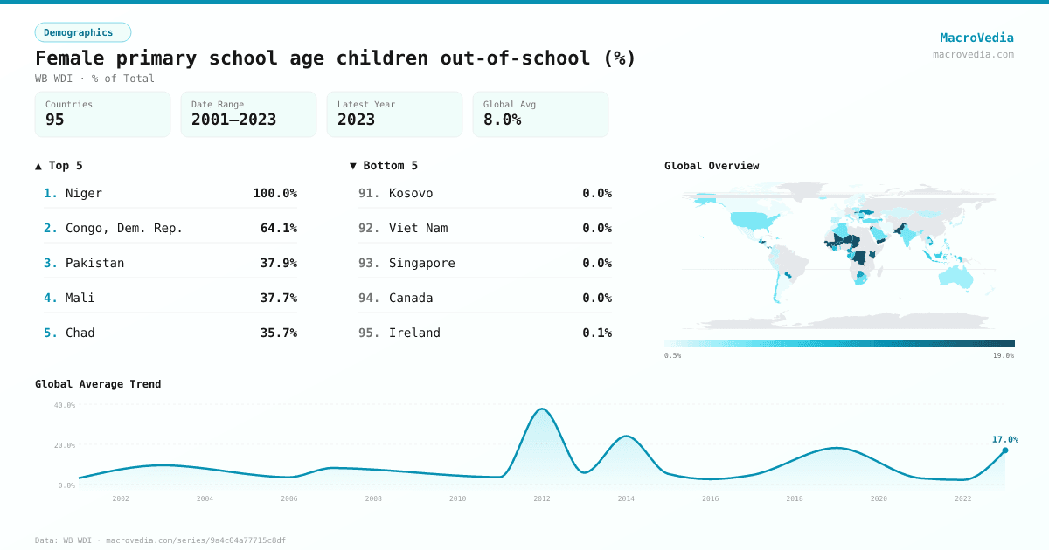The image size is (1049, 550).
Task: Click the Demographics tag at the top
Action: (x=82, y=32)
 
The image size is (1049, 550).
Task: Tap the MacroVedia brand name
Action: (x=976, y=38)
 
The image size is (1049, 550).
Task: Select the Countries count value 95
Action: (x=55, y=120)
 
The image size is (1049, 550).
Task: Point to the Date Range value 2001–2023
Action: (x=233, y=120)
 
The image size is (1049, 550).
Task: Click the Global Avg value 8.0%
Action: (x=502, y=120)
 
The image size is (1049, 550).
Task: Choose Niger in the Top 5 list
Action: (x=84, y=193)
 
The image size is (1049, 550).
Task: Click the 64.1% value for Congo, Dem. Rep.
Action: (x=278, y=228)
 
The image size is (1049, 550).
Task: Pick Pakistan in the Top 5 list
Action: (x=94, y=263)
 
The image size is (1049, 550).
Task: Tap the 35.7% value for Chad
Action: (x=278, y=333)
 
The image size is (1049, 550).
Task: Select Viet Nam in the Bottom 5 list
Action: (x=418, y=228)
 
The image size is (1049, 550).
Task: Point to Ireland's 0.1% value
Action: (x=597, y=333)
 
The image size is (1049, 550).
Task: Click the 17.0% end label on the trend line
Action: (x=1004, y=439)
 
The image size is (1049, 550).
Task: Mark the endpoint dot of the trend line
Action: (x=1004, y=450)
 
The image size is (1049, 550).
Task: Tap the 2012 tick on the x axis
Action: (x=542, y=498)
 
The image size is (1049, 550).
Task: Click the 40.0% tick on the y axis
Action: (x=65, y=405)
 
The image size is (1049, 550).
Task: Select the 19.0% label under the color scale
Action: (x=1003, y=355)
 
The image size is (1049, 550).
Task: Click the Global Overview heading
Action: (x=712, y=166)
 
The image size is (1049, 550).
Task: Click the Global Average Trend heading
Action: (x=98, y=384)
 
